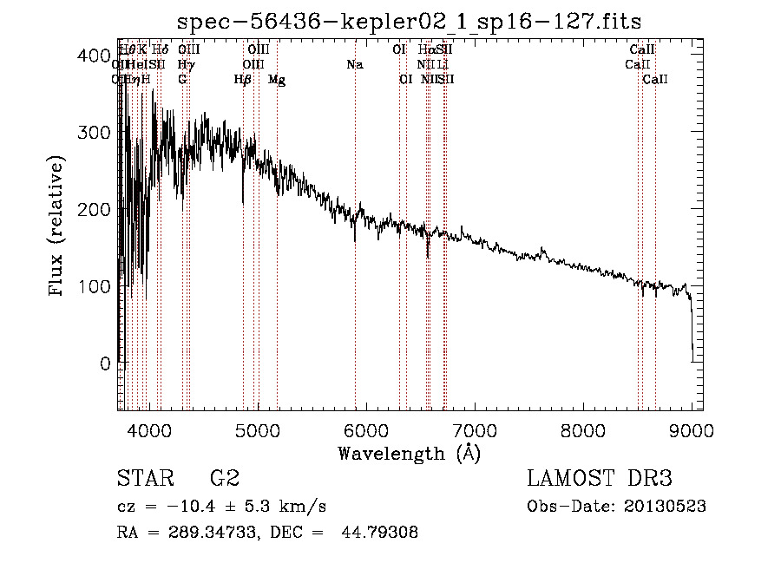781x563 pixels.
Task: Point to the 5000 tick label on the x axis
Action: tap(257, 430)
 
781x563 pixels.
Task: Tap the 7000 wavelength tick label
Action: tap(474, 430)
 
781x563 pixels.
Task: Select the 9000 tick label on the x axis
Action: tap(692, 430)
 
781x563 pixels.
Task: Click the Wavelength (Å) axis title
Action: tap(409, 454)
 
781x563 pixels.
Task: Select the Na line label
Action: tap(354, 65)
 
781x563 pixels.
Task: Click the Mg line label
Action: tap(277, 80)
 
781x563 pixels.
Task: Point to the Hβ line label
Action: tap(243, 80)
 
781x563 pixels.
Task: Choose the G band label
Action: tap(182, 80)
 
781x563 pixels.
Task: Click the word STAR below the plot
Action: tap(142, 479)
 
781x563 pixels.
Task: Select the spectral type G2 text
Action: tap(225, 479)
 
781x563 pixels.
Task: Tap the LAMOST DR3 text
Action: tap(599, 479)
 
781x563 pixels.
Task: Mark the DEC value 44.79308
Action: tap(384, 533)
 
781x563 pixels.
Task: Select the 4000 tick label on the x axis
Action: tap(148, 430)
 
